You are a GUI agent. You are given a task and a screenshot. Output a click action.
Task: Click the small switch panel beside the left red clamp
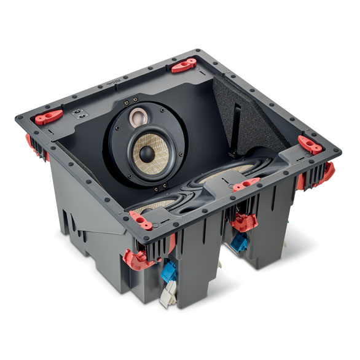click(80, 112)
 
